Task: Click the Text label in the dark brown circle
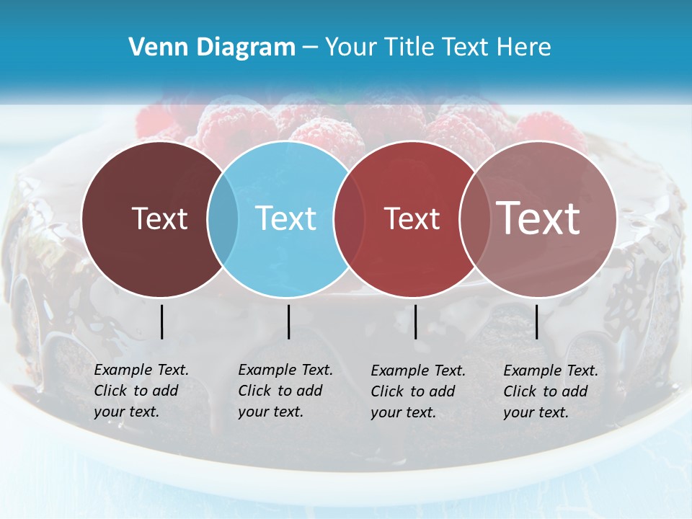(x=160, y=218)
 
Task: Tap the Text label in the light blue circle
(x=285, y=218)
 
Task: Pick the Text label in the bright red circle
(x=412, y=218)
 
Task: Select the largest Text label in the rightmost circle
(x=538, y=218)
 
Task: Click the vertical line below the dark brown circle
(x=161, y=321)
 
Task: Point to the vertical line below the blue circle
(x=288, y=321)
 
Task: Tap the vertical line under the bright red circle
(x=415, y=321)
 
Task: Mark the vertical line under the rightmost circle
(x=536, y=321)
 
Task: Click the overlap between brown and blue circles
(x=223, y=218)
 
